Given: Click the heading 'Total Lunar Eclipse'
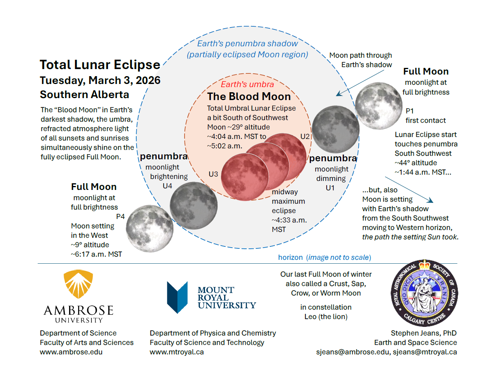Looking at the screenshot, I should [x=100, y=65].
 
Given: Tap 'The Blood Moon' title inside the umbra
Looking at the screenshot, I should [x=249, y=97].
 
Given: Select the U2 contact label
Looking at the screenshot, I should [x=305, y=137].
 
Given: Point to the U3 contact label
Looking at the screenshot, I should [x=213, y=174].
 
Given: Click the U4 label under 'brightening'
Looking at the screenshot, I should [x=167, y=186].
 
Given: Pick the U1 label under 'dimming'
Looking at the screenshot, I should [x=330, y=188].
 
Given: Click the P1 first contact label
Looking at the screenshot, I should [x=409, y=111].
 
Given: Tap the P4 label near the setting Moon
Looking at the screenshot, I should [x=120, y=217].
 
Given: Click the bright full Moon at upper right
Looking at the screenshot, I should [x=378, y=106].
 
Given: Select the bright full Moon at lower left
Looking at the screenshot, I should [x=150, y=228].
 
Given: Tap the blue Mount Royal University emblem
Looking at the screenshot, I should [x=177, y=297].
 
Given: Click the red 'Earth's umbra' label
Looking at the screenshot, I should [x=247, y=84].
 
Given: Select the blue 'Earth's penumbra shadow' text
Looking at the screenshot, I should [x=247, y=44].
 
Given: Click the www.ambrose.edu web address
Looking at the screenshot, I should [x=71, y=352].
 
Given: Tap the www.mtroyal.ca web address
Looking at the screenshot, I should [x=177, y=352].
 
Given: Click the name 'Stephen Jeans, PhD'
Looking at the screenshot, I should [x=424, y=333].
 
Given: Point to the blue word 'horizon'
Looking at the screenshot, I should [x=290, y=257].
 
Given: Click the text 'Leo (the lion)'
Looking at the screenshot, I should [x=326, y=317].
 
